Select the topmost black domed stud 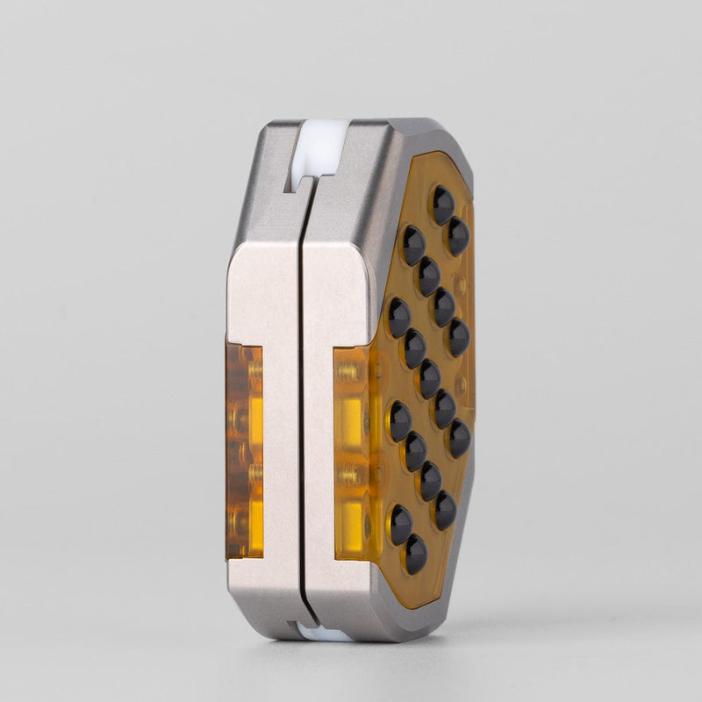tap(442, 204)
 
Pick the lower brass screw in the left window tap(254, 474)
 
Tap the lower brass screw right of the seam tap(348, 474)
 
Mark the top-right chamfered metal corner tap(439, 140)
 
